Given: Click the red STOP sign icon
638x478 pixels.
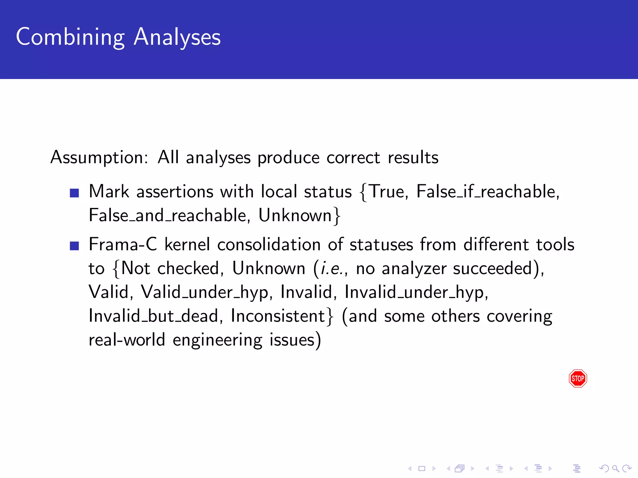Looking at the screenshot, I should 578,378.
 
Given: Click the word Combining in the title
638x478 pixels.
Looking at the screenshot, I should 70,37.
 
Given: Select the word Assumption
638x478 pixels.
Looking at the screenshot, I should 99,157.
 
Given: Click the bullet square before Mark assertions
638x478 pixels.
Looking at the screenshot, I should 74,193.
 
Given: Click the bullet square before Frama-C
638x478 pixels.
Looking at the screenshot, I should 74,246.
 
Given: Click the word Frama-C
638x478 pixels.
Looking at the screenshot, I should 123,245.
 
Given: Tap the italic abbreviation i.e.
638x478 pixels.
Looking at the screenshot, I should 332,269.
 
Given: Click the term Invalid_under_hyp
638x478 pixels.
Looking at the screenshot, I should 416,293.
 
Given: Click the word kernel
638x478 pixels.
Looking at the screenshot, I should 187,245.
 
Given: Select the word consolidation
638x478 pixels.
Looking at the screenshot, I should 269,245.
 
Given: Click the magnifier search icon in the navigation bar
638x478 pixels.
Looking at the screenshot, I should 615,468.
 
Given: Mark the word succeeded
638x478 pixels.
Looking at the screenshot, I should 496,269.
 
